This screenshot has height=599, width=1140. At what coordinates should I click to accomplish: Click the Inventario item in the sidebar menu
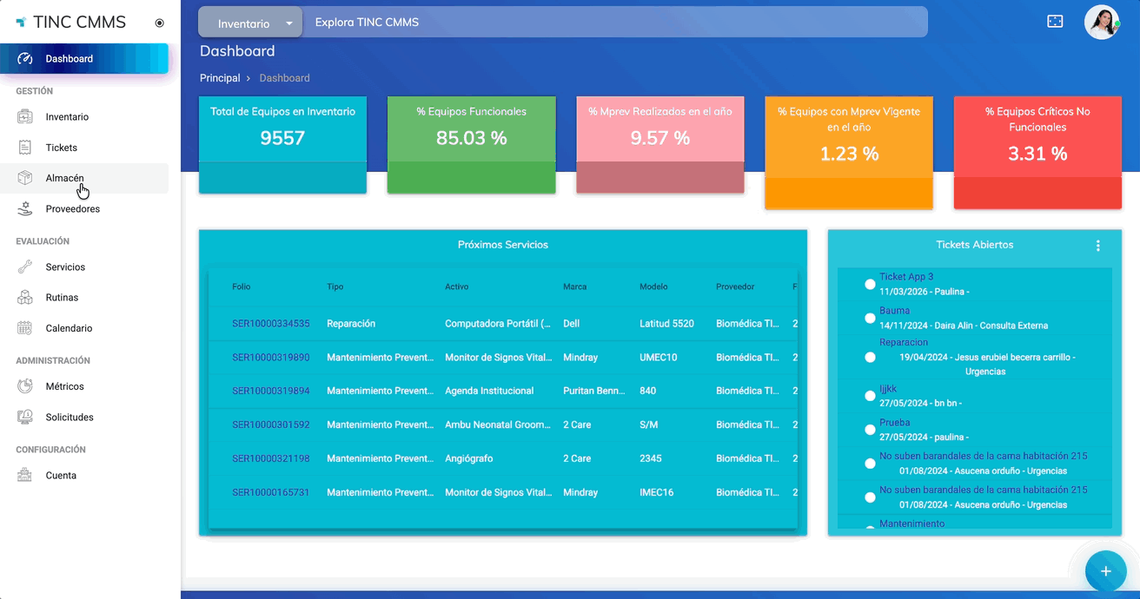coord(67,117)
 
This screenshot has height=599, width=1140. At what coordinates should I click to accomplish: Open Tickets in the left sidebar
coord(61,148)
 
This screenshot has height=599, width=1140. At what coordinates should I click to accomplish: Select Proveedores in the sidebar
coord(72,209)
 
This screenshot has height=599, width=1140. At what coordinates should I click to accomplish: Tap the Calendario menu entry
coord(69,328)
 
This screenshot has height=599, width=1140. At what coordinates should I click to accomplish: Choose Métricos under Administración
coord(64,386)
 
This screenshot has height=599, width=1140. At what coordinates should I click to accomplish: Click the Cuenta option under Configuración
coord(61,476)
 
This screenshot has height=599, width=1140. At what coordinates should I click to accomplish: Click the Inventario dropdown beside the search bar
coord(250,23)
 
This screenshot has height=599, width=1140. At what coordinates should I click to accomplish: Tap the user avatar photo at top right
coord(1101,23)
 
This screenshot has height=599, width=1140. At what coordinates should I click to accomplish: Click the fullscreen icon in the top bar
coord(1055,22)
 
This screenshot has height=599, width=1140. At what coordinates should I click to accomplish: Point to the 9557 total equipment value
coord(282,138)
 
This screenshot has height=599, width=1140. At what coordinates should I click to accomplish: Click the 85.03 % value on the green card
coord(471,138)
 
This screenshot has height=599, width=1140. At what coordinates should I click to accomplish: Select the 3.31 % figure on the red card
coord(1037,154)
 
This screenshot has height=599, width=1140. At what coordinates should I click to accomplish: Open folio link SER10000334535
coord(270,324)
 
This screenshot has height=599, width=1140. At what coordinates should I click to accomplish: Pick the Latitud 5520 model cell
coord(666,324)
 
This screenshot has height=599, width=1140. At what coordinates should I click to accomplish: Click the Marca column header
coord(574,286)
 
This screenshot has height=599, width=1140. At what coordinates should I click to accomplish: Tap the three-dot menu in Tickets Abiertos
coord(1097,246)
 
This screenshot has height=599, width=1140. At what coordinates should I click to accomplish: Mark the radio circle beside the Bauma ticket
coord(870,319)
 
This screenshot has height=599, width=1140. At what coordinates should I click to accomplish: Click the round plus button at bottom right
coord(1105,570)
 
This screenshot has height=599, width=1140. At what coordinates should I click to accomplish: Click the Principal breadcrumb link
coord(220,78)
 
